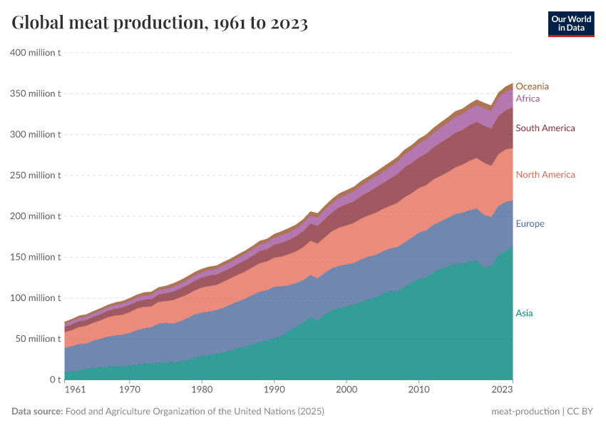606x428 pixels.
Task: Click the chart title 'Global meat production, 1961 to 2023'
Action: [x=160, y=24]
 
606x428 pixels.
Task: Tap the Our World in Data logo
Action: [x=571, y=24]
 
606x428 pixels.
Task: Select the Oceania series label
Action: [x=533, y=86]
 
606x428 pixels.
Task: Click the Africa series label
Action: [x=528, y=98]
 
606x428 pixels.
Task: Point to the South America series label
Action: [x=545, y=128]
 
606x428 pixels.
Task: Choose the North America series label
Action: [x=545, y=175]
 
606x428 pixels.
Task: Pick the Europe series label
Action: [x=530, y=224]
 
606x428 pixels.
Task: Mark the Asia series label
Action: [x=524, y=313]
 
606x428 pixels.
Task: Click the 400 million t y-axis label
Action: [x=34, y=53]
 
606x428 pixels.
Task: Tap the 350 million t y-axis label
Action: [x=34, y=93]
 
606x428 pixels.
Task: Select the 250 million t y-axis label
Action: [x=34, y=175]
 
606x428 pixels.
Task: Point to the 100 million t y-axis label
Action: [x=34, y=297]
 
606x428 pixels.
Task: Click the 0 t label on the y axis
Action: [x=53, y=379]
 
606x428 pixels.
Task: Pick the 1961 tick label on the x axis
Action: [x=76, y=390]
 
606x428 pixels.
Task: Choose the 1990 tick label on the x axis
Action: [x=274, y=390]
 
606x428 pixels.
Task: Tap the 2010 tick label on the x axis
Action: [x=418, y=390]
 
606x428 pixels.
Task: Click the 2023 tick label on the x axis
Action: [x=502, y=390]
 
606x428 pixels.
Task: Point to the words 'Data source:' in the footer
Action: [x=37, y=412]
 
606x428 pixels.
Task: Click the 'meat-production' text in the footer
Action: [x=524, y=412]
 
